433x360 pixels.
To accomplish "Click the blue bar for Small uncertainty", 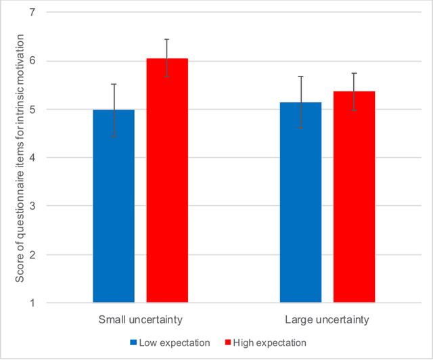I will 114,206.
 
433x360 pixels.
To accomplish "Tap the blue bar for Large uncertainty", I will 300,202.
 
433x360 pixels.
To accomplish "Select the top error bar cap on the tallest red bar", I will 167,39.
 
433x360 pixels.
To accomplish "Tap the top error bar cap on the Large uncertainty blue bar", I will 300,76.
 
